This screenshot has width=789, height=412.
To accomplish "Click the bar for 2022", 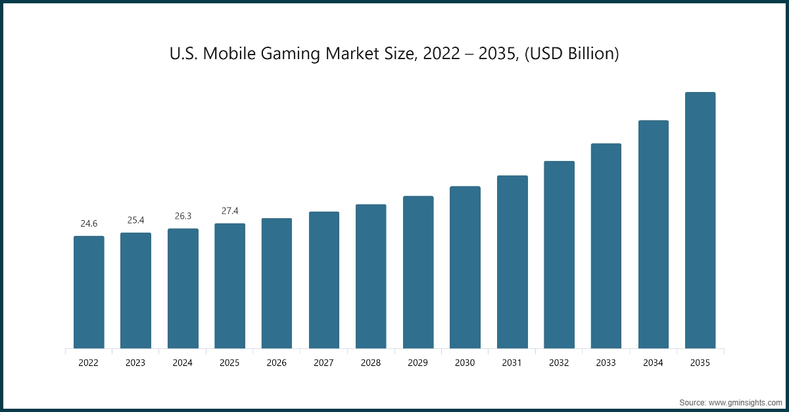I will pyautogui.click(x=89, y=292).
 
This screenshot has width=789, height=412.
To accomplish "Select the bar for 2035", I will pyautogui.click(x=700, y=220).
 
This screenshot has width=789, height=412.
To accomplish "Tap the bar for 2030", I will pyautogui.click(x=465, y=267).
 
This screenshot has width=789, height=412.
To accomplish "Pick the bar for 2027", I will pyautogui.click(x=324, y=280).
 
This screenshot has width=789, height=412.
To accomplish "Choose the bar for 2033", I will pyautogui.click(x=606, y=246).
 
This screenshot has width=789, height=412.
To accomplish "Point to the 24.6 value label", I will pyautogui.click(x=89, y=224).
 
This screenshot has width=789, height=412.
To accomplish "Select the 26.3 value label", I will pyautogui.click(x=183, y=216).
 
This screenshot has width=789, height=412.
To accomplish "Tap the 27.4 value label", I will pyautogui.click(x=230, y=211).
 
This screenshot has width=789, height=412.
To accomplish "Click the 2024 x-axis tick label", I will pyautogui.click(x=183, y=363).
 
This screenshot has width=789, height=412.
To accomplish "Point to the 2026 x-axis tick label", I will pyautogui.click(x=277, y=363).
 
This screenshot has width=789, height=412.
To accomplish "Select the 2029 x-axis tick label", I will pyautogui.click(x=418, y=363).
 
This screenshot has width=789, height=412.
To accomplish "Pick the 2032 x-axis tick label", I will pyautogui.click(x=559, y=363).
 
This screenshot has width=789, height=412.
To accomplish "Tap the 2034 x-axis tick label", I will pyautogui.click(x=653, y=363).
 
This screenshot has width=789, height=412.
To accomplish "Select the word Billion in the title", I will pyautogui.click(x=590, y=55).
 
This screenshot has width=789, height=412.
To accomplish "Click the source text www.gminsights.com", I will pyautogui.click(x=745, y=401).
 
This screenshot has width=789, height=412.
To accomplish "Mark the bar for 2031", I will pyautogui.click(x=512, y=262).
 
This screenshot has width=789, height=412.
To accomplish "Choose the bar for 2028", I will pyautogui.click(x=371, y=277).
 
